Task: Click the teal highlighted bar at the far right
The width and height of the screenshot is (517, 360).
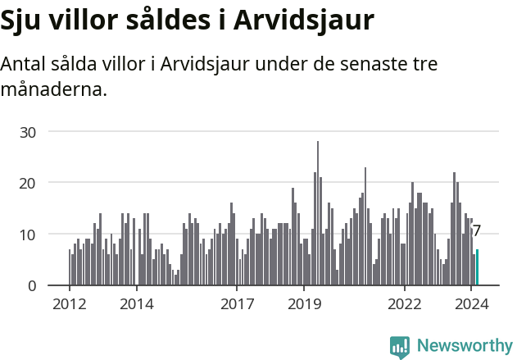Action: (x=477, y=268)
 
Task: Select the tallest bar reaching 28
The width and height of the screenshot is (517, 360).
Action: (x=318, y=213)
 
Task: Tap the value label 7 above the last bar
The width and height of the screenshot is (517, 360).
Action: (x=477, y=231)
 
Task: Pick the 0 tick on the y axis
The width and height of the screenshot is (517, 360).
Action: (x=33, y=285)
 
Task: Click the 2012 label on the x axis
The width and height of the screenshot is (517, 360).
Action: (x=69, y=303)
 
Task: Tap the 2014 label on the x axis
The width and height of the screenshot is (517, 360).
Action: (x=136, y=303)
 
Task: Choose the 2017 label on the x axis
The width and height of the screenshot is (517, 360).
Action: (x=237, y=303)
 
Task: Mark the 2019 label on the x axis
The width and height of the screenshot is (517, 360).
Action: (x=304, y=303)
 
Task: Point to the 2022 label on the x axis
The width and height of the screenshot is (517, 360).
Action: (x=404, y=303)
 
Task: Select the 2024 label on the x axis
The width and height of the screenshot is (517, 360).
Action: (x=471, y=303)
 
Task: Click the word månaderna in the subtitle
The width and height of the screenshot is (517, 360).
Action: (x=54, y=89)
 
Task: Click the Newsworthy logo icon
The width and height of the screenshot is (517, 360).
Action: (x=400, y=347)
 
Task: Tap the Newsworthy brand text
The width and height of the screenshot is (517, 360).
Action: (x=464, y=346)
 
